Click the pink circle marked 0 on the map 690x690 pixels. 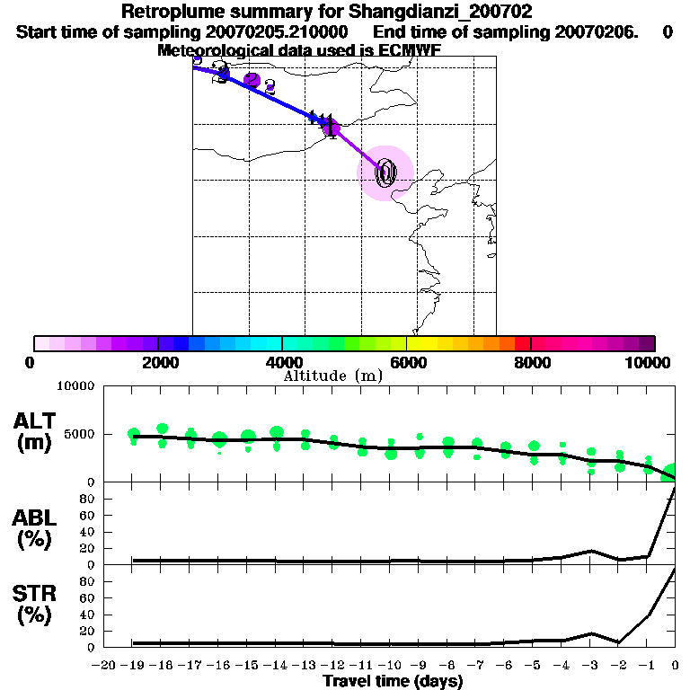click(385, 172)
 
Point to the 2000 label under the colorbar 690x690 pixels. click(157, 362)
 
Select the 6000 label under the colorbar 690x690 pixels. click(407, 362)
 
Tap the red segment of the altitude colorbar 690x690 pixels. click(522, 343)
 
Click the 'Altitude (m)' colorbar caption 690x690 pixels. click(332, 376)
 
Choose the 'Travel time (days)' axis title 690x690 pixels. click(393, 682)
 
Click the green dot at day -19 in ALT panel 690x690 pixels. click(134, 435)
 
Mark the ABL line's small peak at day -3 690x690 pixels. click(591, 551)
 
